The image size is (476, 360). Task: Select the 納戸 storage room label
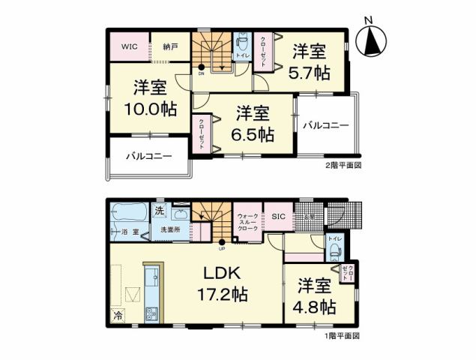[x=170, y=46]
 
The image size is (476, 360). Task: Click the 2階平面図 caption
[x=343, y=166]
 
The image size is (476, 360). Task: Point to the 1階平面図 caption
[x=343, y=335]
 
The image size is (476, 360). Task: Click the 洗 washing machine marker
[x=159, y=211]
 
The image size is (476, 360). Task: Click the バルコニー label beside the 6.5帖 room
[x=326, y=125]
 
